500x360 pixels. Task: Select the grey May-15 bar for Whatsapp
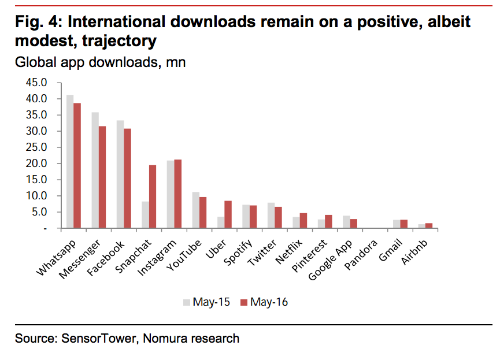(x=69, y=162)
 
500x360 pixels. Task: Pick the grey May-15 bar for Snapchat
(x=145, y=215)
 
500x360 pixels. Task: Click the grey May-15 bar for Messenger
(x=95, y=170)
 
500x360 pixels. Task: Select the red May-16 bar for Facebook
(x=127, y=179)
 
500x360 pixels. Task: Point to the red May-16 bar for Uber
(x=228, y=215)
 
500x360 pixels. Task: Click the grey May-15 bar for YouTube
(x=195, y=210)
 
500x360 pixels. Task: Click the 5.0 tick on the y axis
(x=39, y=212)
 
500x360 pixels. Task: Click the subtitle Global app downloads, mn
(x=100, y=62)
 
